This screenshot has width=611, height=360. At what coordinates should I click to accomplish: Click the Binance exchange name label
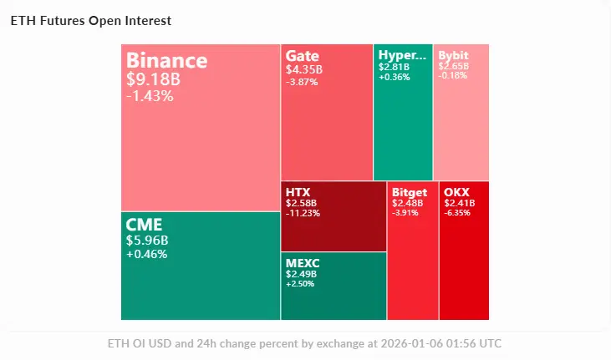tap(166, 61)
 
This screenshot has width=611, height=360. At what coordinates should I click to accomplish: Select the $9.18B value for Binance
tap(153, 79)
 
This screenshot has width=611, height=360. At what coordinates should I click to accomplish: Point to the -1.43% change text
tap(150, 96)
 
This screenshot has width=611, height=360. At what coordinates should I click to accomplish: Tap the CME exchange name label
tap(144, 225)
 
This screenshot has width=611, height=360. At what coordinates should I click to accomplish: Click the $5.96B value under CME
tap(146, 241)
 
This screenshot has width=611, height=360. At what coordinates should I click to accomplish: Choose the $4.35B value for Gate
tap(301, 69)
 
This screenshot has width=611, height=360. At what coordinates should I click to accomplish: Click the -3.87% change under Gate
tap(301, 81)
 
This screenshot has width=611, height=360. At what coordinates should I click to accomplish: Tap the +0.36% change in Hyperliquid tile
tap(393, 77)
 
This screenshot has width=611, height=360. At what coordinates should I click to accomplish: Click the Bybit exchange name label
tap(454, 56)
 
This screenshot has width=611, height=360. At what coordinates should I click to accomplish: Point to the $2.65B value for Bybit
tap(453, 66)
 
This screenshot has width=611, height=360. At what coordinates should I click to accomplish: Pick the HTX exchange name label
tap(298, 192)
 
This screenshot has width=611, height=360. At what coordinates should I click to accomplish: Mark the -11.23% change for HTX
tap(303, 213)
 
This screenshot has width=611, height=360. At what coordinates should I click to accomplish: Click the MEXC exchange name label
tap(303, 263)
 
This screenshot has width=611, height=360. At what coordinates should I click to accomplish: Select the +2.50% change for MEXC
tap(300, 284)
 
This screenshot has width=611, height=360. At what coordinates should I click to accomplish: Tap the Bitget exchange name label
tap(410, 192)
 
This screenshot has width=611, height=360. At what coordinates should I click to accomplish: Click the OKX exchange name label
tap(457, 192)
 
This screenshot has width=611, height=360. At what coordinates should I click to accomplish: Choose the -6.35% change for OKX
tap(459, 213)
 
